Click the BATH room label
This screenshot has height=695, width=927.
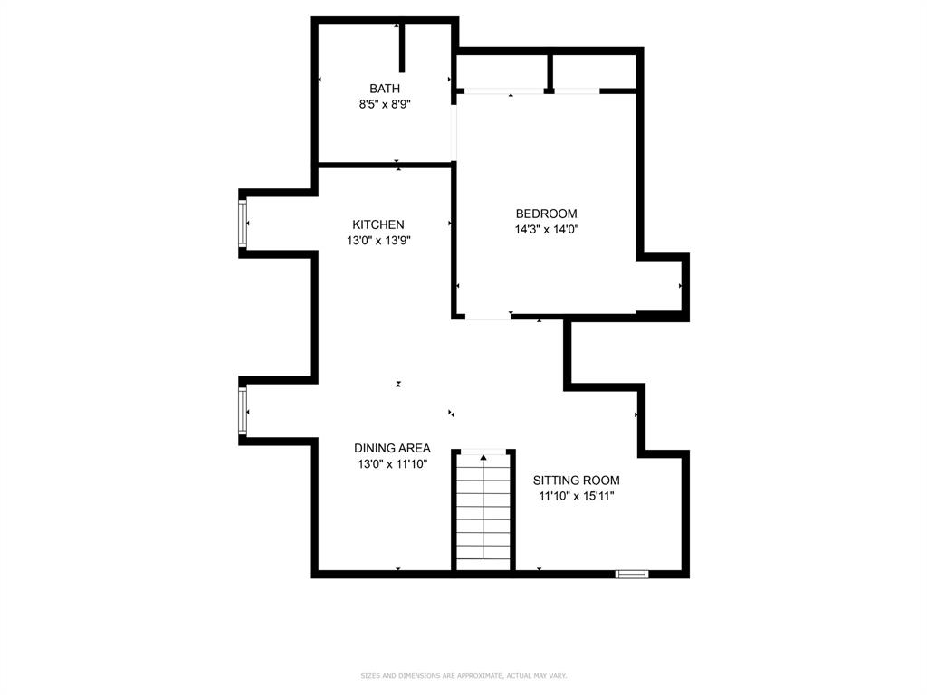tap(385, 89)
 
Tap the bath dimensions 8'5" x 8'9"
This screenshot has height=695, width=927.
tap(385, 104)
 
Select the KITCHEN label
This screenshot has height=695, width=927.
tap(378, 224)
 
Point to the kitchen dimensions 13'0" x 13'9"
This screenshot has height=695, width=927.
tap(378, 241)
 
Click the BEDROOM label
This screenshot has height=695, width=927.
tap(546, 214)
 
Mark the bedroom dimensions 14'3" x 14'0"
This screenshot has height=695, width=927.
tap(546, 230)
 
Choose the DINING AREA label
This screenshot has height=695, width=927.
tap(392, 448)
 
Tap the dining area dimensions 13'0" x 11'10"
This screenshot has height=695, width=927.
tap(392, 464)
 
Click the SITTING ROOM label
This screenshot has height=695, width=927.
tap(576, 481)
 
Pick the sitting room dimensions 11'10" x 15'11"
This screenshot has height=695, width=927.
tap(576, 496)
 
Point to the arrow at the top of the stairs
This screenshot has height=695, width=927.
tap(483, 457)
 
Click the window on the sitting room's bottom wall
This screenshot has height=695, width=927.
tap(632, 573)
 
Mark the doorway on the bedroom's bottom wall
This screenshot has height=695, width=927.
tap(489, 316)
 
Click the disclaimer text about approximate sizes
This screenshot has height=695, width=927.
tap(463, 675)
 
